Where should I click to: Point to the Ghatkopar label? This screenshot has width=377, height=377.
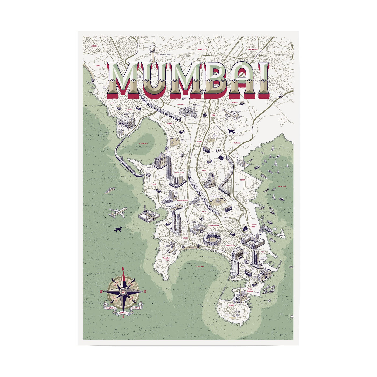click(x=253, y=50)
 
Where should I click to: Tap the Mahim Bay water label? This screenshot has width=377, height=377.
click(x=143, y=144)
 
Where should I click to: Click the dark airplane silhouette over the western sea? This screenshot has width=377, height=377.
click(x=118, y=229)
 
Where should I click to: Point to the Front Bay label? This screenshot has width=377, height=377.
click(x=282, y=186)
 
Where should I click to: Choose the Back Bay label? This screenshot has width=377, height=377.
click(x=200, y=266)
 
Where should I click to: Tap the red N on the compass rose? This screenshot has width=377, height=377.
click(x=123, y=269)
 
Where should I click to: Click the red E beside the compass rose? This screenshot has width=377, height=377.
click(x=145, y=291)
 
